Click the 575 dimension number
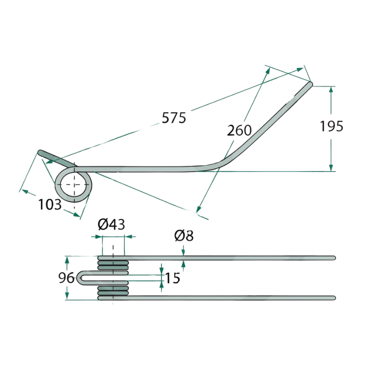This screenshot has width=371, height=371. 174,118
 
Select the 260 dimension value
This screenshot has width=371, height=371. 239,130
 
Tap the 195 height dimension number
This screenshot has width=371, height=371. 331,126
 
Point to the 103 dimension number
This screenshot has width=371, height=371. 50,205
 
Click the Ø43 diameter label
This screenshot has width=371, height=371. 111,224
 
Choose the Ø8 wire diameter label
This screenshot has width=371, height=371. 184,236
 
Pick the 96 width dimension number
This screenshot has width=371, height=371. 66,278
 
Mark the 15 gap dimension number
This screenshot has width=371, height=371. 173,278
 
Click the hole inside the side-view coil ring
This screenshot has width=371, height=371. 73,184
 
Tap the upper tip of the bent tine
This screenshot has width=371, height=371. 310,84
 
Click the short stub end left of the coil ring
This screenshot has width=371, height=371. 40,153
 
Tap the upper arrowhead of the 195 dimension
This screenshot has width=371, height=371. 331,89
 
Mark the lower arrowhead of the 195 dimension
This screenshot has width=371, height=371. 331,168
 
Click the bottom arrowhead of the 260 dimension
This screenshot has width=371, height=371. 198,209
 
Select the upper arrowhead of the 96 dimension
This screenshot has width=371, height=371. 67,260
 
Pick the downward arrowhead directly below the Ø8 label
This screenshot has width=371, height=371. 183,253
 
